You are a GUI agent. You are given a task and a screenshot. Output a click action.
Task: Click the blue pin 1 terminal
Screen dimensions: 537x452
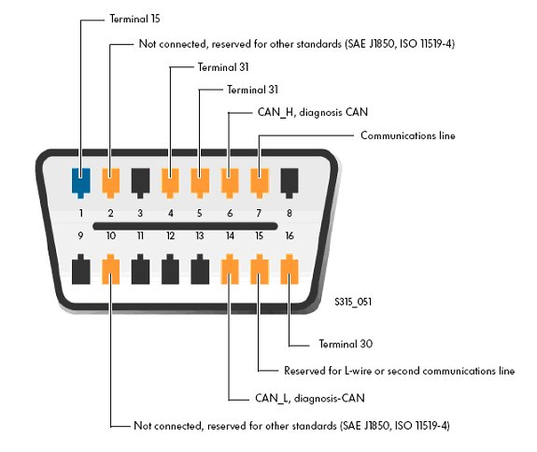point(81,183)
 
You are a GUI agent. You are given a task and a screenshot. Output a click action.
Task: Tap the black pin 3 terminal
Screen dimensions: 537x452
point(140,183)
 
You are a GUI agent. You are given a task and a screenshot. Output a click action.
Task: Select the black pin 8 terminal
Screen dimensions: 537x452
point(290,183)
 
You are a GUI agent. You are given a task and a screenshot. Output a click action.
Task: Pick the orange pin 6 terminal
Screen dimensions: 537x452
point(230,183)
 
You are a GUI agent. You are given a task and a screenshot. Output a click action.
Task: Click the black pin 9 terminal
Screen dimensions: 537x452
point(81,269)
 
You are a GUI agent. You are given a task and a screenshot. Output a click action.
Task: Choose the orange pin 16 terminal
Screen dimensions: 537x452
point(290,269)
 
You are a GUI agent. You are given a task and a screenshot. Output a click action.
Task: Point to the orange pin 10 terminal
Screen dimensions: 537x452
point(110,269)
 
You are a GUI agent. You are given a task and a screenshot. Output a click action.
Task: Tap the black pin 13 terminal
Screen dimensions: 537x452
point(200,269)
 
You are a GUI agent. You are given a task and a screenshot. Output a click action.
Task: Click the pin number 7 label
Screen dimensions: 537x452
point(259,213)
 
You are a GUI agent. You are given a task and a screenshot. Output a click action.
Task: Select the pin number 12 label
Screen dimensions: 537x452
point(171,235)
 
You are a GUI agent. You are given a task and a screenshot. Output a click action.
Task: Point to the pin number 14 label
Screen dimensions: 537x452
point(230,235)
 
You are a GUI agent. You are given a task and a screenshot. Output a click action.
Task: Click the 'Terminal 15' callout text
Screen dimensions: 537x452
point(134,19)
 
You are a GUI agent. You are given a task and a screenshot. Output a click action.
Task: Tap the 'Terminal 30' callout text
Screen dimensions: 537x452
point(346,344)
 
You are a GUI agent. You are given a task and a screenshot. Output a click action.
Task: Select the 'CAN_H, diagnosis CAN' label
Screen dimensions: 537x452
point(312,112)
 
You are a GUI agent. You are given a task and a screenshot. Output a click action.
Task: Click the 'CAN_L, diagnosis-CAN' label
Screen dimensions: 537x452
point(310,398)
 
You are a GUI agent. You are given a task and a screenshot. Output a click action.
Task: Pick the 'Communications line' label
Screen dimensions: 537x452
point(408,135)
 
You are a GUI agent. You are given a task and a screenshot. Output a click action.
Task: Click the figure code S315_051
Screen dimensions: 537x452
point(353,302)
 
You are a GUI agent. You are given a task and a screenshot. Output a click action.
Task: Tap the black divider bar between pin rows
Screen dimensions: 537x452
point(185,226)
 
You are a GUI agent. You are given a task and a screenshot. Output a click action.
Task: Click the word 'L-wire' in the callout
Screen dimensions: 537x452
point(358,371)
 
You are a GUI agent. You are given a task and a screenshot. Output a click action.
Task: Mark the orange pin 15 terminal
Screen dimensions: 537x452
point(260,269)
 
